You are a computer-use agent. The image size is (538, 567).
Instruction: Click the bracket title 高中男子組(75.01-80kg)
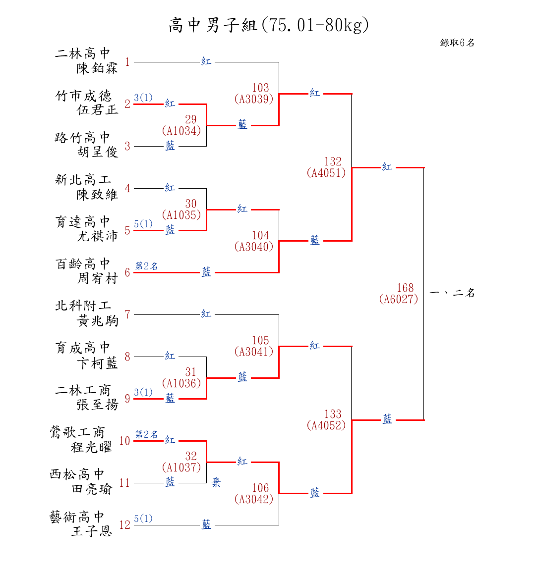pyautogui.click(x=268, y=25)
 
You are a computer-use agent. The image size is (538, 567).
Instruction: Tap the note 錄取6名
pyautogui.click(x=457, y=43)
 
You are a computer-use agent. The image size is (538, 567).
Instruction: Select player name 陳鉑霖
pyautogui.click(x=97, y=68)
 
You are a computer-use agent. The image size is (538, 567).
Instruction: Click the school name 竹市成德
pyautogui.click(x=83, y=96)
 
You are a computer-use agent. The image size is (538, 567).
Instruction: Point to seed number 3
pyautogui.click(x=127, y=146)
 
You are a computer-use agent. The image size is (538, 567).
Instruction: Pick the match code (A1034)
pyautogui.click(x=181, y=131)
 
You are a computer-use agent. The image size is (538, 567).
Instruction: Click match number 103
pyautogui.click(x=260, y=88)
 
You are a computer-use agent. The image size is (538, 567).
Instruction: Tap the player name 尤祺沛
pyautogui.click(x=97, y=236)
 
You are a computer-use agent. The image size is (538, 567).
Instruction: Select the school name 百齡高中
pyautogui.click(x=83, y=264)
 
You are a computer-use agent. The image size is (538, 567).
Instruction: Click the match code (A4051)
pyautogui.click(x=326, y=173)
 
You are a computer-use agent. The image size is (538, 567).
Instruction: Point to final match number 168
pyautogui.click(x=405, y=288)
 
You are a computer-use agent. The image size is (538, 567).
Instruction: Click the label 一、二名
pyautogui.click(x=452, y=293)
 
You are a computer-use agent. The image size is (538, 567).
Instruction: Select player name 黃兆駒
pyautogui.click(x=97, y=321)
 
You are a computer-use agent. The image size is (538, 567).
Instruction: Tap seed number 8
pyautogui.click(x=127, y=357)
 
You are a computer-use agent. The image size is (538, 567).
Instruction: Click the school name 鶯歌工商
pyautogui.click(x=77, y=432)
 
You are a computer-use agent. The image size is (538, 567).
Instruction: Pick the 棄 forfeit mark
pyautogui.click(x=216, y=482)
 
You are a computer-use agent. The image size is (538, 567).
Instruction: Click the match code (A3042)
pyautogui.click(x=254, y=499)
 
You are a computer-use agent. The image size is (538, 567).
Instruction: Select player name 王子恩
pyautogui.click(x=92, y=531)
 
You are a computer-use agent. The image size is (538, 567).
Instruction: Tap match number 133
pyautogui.click(x=333, y=414)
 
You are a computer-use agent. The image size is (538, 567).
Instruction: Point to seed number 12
pyautogui.click(x=125, y=525)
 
